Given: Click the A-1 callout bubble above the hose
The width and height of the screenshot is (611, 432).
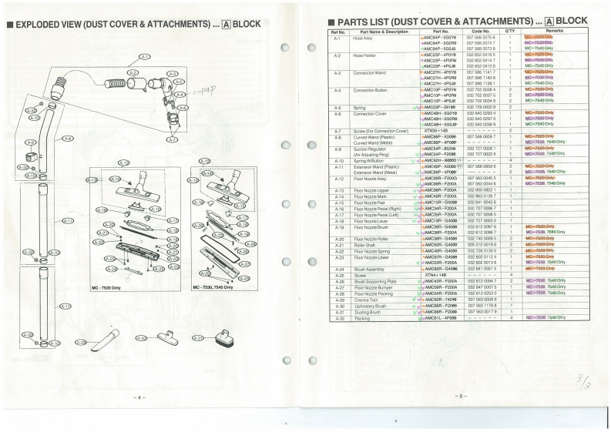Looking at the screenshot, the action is (144, 57).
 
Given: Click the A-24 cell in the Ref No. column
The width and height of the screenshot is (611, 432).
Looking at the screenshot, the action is (337, 269).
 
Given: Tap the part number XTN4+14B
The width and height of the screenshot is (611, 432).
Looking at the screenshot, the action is (436, 275).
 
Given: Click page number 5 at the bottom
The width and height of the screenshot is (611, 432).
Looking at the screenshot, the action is (460, 396).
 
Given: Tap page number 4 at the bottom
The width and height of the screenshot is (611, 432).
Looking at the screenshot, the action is (139, 397).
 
